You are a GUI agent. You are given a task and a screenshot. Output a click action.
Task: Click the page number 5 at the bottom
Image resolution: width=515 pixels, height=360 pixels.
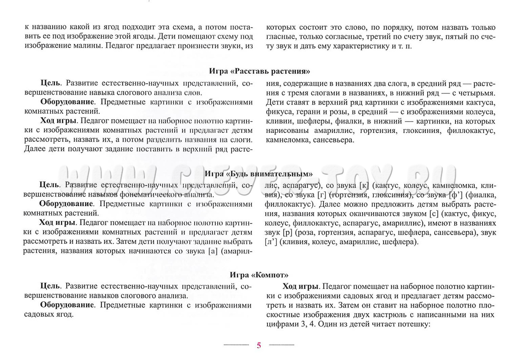pos(259,345)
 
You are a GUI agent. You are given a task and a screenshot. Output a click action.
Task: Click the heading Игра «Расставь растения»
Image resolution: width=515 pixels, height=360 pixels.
pos(260,71)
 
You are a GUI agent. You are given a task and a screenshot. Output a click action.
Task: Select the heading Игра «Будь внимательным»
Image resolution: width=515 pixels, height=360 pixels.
pos(259,174)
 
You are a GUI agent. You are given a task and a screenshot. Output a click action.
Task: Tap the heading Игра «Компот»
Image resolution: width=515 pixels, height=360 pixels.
pos(259,275)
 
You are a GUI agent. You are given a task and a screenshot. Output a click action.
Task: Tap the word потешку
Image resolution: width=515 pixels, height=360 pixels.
pos(414,324)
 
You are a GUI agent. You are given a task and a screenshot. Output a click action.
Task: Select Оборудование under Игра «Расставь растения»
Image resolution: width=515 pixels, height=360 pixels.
pos(67,102)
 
